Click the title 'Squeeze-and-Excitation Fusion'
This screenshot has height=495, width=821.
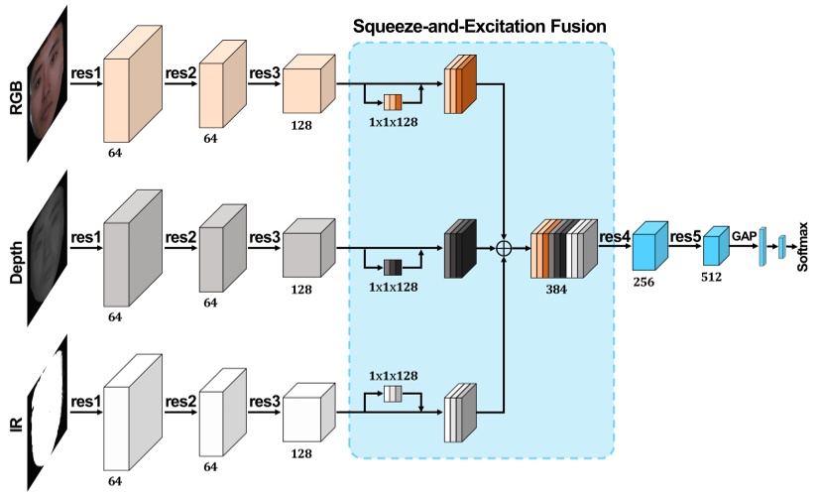click(482, 24)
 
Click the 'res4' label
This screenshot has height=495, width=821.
click(615, 236)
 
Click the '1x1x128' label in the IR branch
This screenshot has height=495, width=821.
click(393, 375)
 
